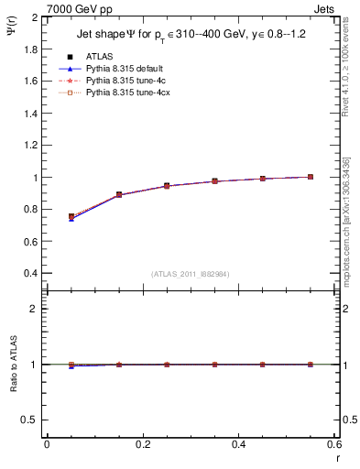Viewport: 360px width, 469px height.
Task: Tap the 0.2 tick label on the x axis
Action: click(x=142, y=444)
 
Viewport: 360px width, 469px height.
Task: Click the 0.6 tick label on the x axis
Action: click(x=333, y=444)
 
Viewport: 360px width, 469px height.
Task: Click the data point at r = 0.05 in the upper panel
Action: click(x=71, y=217)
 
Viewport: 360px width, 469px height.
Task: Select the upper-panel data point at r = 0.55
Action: click(x=311, y=177)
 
